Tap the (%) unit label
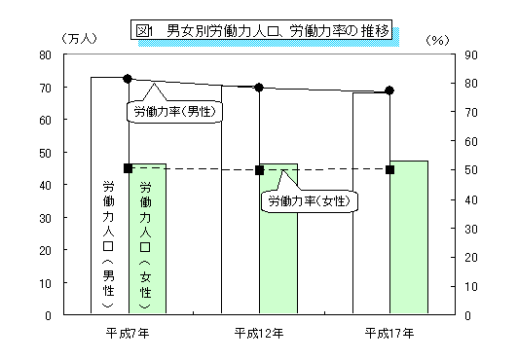pos(439,39)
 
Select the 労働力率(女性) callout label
pos(309,201)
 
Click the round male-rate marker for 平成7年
pos(128,78)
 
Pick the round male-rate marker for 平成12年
pos(259,88)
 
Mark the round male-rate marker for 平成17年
pos(389,90)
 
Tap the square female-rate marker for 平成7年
pos(128,168)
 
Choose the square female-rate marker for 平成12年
pos(259,170)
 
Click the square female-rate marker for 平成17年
pos(389,169)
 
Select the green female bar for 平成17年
pos(408,243)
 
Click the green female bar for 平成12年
pos(277,253)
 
